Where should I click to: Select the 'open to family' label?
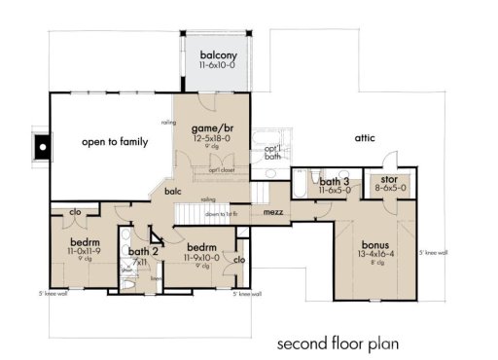coord(115,142)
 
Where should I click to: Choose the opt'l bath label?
coord(274,153)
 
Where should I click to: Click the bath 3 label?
coord(335,182)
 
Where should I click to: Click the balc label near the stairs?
coord(173,192)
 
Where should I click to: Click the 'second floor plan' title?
coord(337,342)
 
